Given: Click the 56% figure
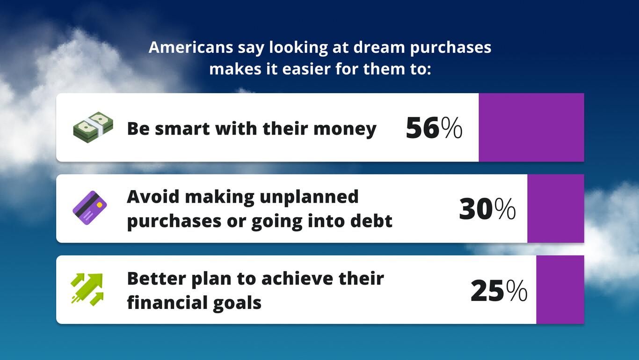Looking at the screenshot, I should (x=434, y=128).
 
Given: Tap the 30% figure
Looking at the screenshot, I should (x=487, y=209).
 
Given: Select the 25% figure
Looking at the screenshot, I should (x=499, y=291).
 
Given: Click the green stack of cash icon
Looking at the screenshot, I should (x=93, y=127).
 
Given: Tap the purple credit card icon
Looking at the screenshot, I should (x=90, y=208).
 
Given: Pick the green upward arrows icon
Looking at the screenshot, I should (x=87, y=289).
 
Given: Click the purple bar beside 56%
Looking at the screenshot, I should (x=531, y=127).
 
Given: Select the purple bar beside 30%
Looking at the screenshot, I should (x=555, y=208).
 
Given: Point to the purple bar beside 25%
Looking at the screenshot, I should (x=560, y=289).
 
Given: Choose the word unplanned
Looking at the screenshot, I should (x=309, y=197).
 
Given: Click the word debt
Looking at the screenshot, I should (x=373, y=221).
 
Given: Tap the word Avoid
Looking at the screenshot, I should (x=153, y=197).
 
